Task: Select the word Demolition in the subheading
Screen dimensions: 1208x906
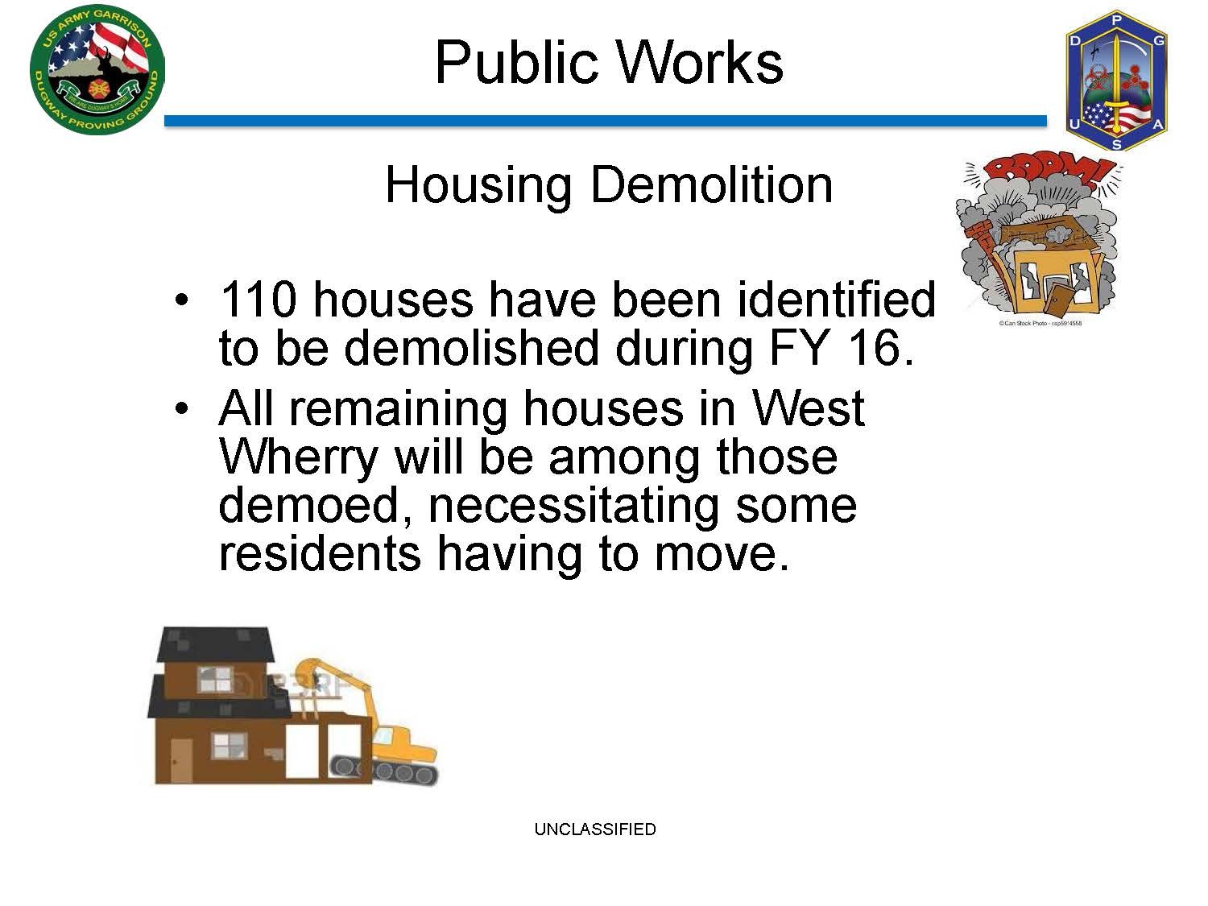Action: tap(711, 185)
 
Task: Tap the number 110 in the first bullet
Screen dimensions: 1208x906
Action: tap(259, 300)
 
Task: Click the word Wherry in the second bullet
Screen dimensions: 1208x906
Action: tap(298, 458)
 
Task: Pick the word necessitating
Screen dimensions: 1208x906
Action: tap(573, 507)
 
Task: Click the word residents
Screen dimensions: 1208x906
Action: tap(320, 554)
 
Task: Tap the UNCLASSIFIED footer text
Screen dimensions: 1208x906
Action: tap(595, 829)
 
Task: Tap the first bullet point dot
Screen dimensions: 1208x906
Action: tap(181, 300)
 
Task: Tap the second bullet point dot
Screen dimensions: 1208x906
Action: tap(181, 409)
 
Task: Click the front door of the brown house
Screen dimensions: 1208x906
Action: tap(181, 760)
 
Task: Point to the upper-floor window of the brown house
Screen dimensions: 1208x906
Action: tap(215, 680)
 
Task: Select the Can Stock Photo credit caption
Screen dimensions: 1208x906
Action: tap(1040, 323)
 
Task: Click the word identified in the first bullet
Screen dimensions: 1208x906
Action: tap(836, 300)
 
